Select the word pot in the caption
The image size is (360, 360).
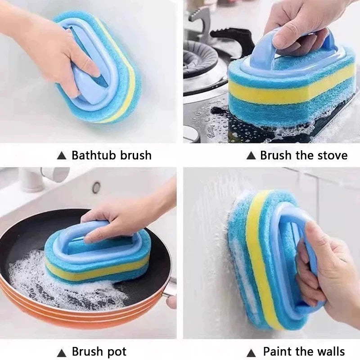coord(117,351)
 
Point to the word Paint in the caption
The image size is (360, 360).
coord(277,351)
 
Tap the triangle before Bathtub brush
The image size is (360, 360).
coord(62,156)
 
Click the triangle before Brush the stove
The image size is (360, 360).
coord(251,156)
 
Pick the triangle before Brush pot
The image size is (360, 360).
coord(62,352)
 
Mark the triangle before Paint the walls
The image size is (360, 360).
coord(251,352)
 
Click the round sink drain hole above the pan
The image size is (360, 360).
coord(96,187)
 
